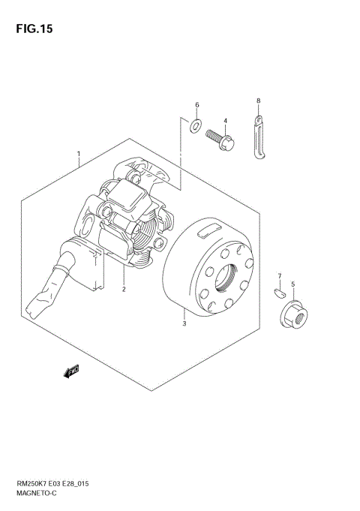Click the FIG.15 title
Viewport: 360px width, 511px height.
coord(34,29)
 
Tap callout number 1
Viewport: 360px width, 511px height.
coord(79,153)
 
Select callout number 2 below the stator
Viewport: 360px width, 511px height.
coord(124,289)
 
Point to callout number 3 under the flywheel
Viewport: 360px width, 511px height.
coord(184,323)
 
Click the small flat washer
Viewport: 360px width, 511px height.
coord(196,126)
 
